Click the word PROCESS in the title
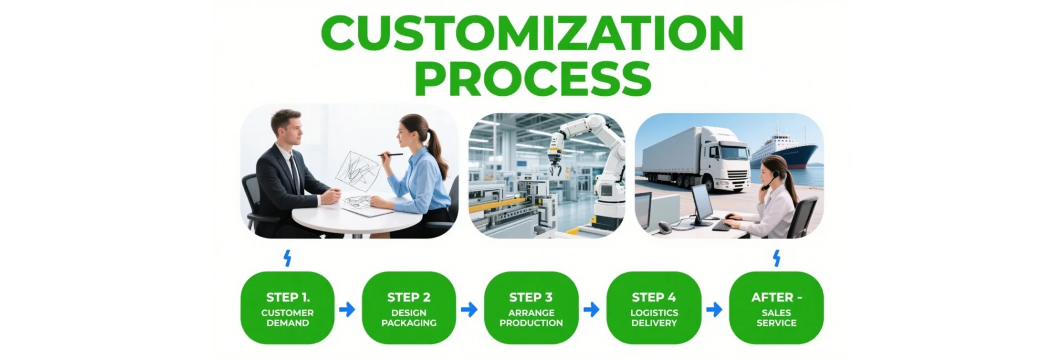533,78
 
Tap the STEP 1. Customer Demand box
287,308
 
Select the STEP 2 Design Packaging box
409,308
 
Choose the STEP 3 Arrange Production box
531,308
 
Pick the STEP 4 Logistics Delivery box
654,308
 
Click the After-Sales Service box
776,308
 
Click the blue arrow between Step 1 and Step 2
347,309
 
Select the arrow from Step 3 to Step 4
591,309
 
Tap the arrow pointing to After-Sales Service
714,309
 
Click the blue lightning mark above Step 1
287,258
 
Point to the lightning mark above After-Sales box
777,258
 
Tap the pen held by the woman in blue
390,155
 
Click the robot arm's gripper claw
555,166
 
